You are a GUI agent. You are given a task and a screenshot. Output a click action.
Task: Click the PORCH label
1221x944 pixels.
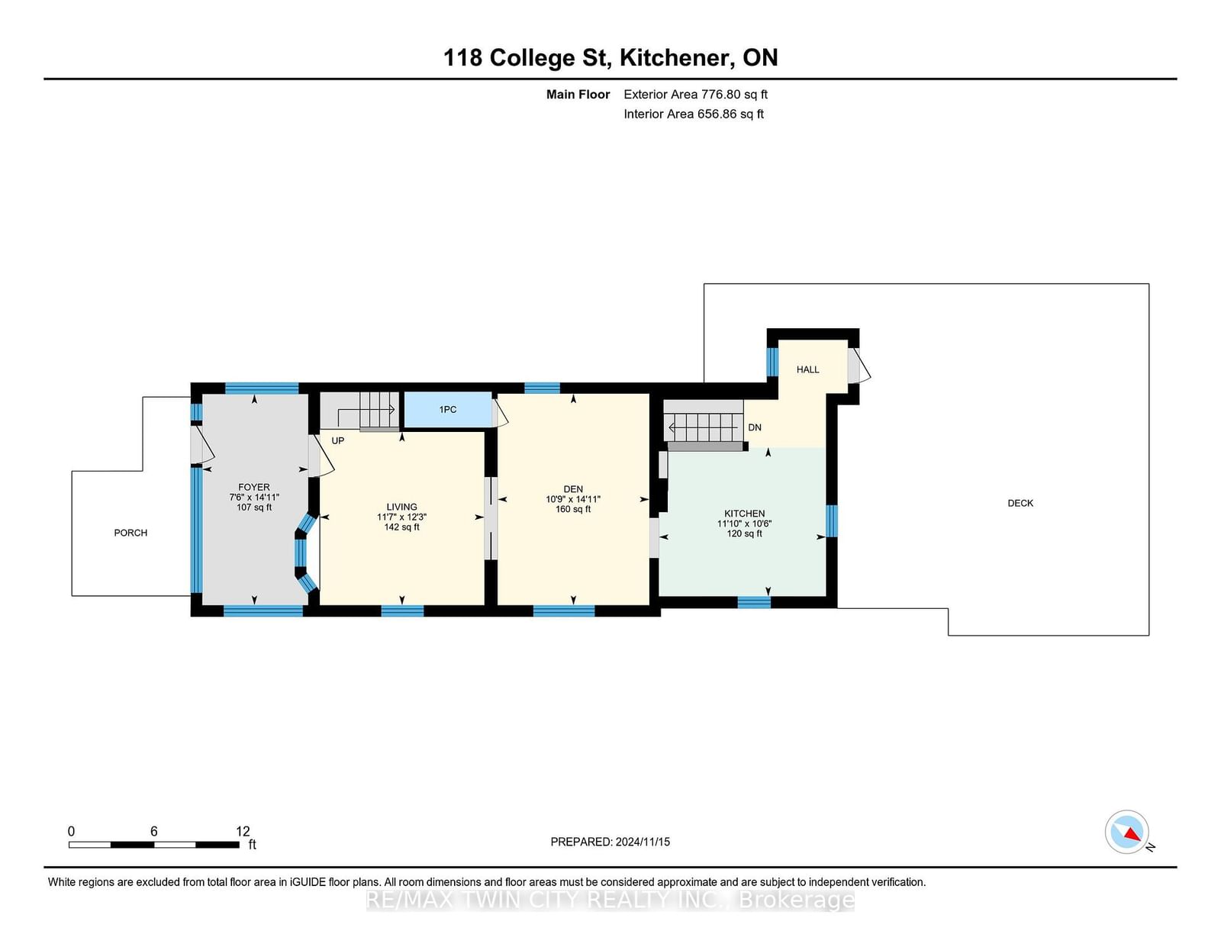tap(130, 533)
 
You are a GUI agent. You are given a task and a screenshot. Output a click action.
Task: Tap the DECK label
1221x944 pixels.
tap(1020, 503)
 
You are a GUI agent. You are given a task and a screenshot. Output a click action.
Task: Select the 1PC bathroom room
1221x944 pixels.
tap(448, 410)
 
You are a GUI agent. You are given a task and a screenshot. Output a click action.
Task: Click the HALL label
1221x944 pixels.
tap(807, 369)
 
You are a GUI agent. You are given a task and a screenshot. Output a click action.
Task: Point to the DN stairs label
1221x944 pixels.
tap(755, 427)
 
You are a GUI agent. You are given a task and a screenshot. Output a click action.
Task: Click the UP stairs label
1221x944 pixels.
tap(338, 440)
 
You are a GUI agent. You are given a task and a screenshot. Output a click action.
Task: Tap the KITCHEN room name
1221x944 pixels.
tap(745, 513)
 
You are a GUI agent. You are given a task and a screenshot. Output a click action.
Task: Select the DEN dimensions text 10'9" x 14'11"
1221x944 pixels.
tap(573, 499)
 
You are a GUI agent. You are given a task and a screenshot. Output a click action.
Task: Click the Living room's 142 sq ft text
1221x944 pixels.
tap(401, 527)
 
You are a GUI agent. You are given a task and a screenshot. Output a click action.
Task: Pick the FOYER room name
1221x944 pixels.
tap(254, 487)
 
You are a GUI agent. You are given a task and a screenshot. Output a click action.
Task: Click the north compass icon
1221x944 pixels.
tap(1127, 832)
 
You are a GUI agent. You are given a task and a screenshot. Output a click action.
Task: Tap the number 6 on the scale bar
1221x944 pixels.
tap(153, 831)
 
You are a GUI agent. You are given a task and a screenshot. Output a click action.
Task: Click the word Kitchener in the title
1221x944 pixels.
tap(677, 57)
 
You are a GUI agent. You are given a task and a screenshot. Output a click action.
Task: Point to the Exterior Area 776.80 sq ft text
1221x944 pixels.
tap(696, 95)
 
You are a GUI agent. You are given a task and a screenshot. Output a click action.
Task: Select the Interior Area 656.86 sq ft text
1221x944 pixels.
tap(694, 114)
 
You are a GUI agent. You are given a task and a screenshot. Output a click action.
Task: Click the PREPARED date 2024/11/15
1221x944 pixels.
tap(643, 842)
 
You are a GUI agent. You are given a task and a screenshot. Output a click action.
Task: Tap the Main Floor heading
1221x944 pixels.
tap(578, 95)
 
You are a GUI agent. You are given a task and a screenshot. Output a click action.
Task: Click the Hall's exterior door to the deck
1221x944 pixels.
tap(858, 366)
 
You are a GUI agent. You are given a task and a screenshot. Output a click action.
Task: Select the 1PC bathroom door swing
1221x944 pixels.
tap(500, 413)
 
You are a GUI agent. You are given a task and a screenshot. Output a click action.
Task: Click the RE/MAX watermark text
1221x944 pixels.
tap(610, 901)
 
